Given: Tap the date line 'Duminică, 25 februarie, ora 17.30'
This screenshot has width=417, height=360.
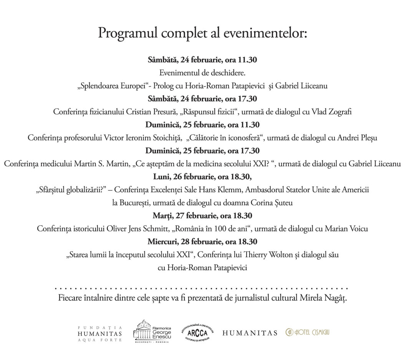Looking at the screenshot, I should tap(202, 151).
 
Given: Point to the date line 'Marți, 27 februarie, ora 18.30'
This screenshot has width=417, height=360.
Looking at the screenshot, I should tap(202, 216).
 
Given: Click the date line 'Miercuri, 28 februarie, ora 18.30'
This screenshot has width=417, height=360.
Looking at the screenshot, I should tap(202, 242).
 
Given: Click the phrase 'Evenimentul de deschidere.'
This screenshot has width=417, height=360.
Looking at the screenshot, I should tap(202, 73).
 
